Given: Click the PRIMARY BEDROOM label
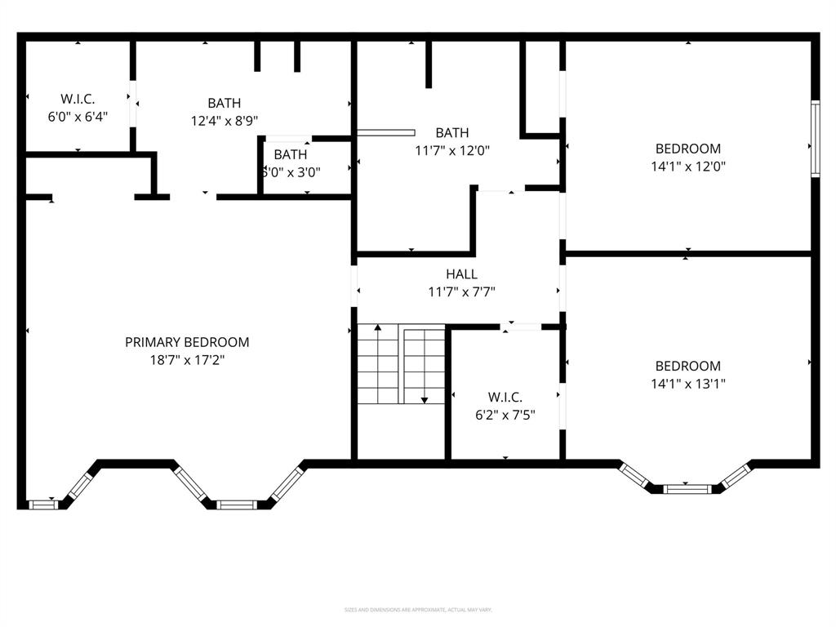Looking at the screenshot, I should pyautogui.click(x=187, y=342).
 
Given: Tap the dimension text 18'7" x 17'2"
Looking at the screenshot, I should pyautogui.click(x=187, y=359).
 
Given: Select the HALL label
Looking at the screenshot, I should pyautogui.click(x=461, y=274).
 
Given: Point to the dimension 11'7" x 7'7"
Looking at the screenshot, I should pyautogui.click(x=461, y=291).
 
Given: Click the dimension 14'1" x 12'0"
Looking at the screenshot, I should pyautogui.click(x=688, y=166).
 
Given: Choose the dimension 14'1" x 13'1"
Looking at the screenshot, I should pyautogui.click(x=688, y=383).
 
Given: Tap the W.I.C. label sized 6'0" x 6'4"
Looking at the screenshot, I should pyautogui.click(x=78, y=99).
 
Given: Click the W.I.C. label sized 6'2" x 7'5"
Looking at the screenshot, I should pyautogui.click(x=506, y=397).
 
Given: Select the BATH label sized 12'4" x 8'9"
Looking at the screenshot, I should pyautogui.click(x=224, y=103).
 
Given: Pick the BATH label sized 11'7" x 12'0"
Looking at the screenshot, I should pyautogui.click(x=451, y=132).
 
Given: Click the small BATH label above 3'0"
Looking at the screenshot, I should pyautogui.click(x=291, y=154).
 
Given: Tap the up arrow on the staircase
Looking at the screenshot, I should pyautogui.click(x=377, y=328).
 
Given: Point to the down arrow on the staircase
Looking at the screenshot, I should pyautogui.click(x=425, y=398).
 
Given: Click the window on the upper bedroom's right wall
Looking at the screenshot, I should pyautogui.click(x=814, y=138).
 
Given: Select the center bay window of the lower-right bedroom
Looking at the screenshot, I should pyautogui.click(x=687, y=489).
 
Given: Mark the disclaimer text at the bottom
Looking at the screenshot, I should pyautogui.click(x=417, y=610).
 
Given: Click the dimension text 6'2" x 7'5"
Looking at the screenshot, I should pyautogui.click(x=506, y=414).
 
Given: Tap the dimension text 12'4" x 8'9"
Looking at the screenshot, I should pyautogui.click(x=224, y=120).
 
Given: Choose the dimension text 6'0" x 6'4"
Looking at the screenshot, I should pyautogui.click(x=78, y=116).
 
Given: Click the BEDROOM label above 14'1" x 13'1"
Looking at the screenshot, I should pyautogui.click(x=688, y=366).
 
